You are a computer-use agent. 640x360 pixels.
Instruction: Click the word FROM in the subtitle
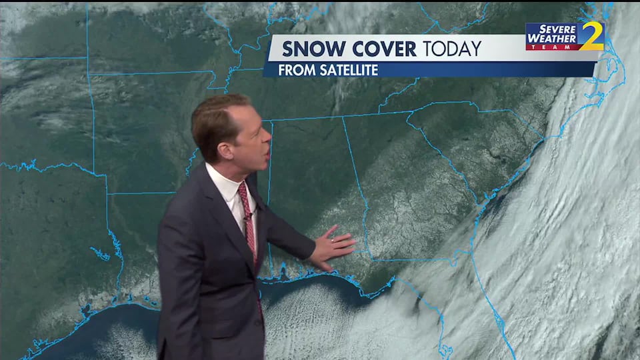(x=294, y=70)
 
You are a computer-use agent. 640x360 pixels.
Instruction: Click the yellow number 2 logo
(x=591, y=37)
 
